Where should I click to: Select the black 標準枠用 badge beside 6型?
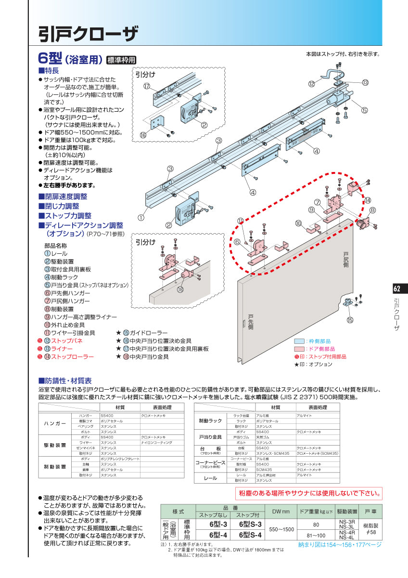point(121,60)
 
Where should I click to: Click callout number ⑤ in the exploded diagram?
point(364,110)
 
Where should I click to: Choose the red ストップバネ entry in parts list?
point(66,341)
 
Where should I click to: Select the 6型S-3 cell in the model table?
point(250,524)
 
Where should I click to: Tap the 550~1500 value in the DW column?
point(281,529)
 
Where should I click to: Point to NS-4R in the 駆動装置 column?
point(347,532)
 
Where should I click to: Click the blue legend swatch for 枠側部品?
point(299,341)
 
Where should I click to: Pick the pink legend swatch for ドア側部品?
point(299,349)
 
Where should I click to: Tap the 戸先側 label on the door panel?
point(250,322)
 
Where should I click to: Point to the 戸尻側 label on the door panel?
point(345,259)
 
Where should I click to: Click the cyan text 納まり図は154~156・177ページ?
point(340,545)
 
